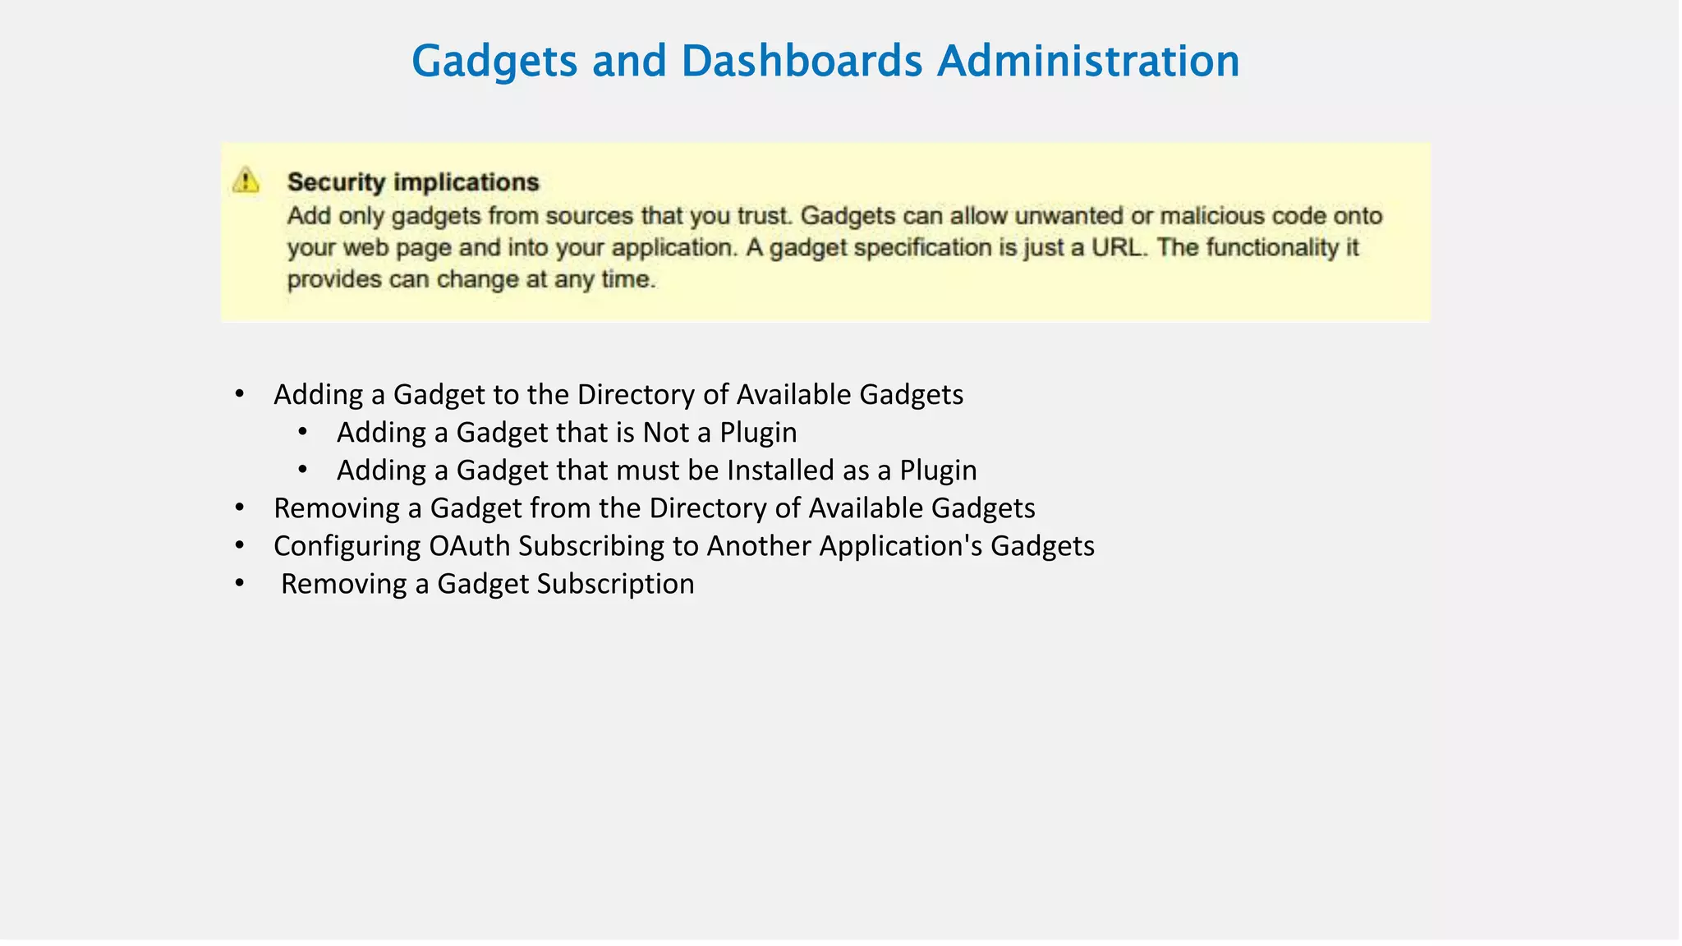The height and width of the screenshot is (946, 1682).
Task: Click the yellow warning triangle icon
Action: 246,180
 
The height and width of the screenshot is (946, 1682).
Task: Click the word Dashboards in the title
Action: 802,61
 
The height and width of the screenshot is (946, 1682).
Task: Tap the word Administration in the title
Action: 1088,61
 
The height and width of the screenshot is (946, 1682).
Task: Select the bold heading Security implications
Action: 413,181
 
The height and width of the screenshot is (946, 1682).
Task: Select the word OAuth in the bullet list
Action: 470,546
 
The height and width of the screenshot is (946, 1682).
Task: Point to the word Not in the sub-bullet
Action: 666,433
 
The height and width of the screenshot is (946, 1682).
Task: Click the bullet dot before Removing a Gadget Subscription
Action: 240,583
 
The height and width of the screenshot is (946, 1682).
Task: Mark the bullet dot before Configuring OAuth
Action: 240,545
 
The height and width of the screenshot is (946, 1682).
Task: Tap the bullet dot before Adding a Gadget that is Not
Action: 303,432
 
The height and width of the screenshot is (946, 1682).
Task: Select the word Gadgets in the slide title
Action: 494,61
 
